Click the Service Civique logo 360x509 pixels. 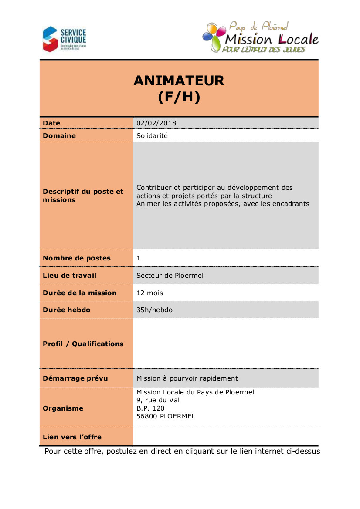[x=64, y=39]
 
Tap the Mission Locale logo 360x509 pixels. [x=260, y=38]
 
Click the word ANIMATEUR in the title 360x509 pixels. [x=179, y=81]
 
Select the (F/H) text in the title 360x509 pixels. [x=179, y=97]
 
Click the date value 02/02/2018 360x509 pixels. [x=156, y=123]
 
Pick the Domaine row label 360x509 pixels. [x=59, y=136]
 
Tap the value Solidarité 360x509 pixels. [x=152, y=136]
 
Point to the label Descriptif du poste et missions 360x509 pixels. [x=83, y=196]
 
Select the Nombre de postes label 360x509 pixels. [x=77, y=258]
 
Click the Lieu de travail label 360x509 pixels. [x=70, y=276]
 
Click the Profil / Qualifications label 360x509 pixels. [x=83, y=344]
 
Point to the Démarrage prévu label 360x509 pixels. [x=75, y=378]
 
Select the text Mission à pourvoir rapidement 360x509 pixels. [x=187, y=378]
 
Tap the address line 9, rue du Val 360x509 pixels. [x=158, y=400]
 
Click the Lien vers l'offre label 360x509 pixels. [x=72, y=437]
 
